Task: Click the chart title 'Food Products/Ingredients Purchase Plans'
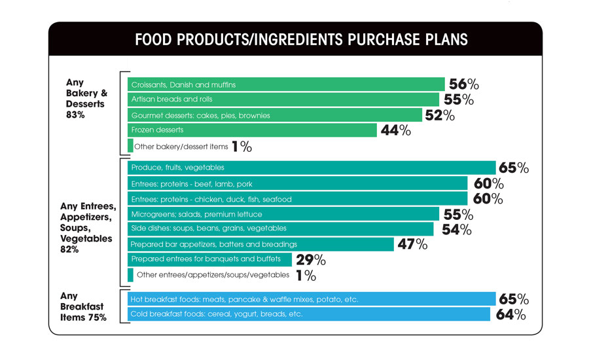pyautogui.click(x=301, y=39)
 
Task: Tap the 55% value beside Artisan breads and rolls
pyautogui.click(x=459, y=99)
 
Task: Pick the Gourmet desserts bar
pyautogui.click(x=275, y=115)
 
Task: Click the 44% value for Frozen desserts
pyautogui.click(x=396, y=130)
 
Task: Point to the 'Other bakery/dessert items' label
pyautogui.click(x=181, y=147)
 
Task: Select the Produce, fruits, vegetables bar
pyautogui.click(x=311, y=168)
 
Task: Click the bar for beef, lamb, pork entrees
pyautogui.click(x=297, y=183)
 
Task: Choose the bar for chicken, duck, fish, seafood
pyautogui.click(x=297, y=198)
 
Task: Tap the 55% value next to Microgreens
pyautogui.click(x=459, y=214)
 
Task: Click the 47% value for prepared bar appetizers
pyautogui.click(x=412, y=244)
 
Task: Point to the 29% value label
pyautogui.click(x=311, y=261)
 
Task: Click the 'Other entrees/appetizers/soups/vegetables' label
pyautogui.click(x=213, y=275)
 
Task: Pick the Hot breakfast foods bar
pyautogui.click(x=311, y=299)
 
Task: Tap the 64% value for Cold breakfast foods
pyautogui.click(x=510, y=315)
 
